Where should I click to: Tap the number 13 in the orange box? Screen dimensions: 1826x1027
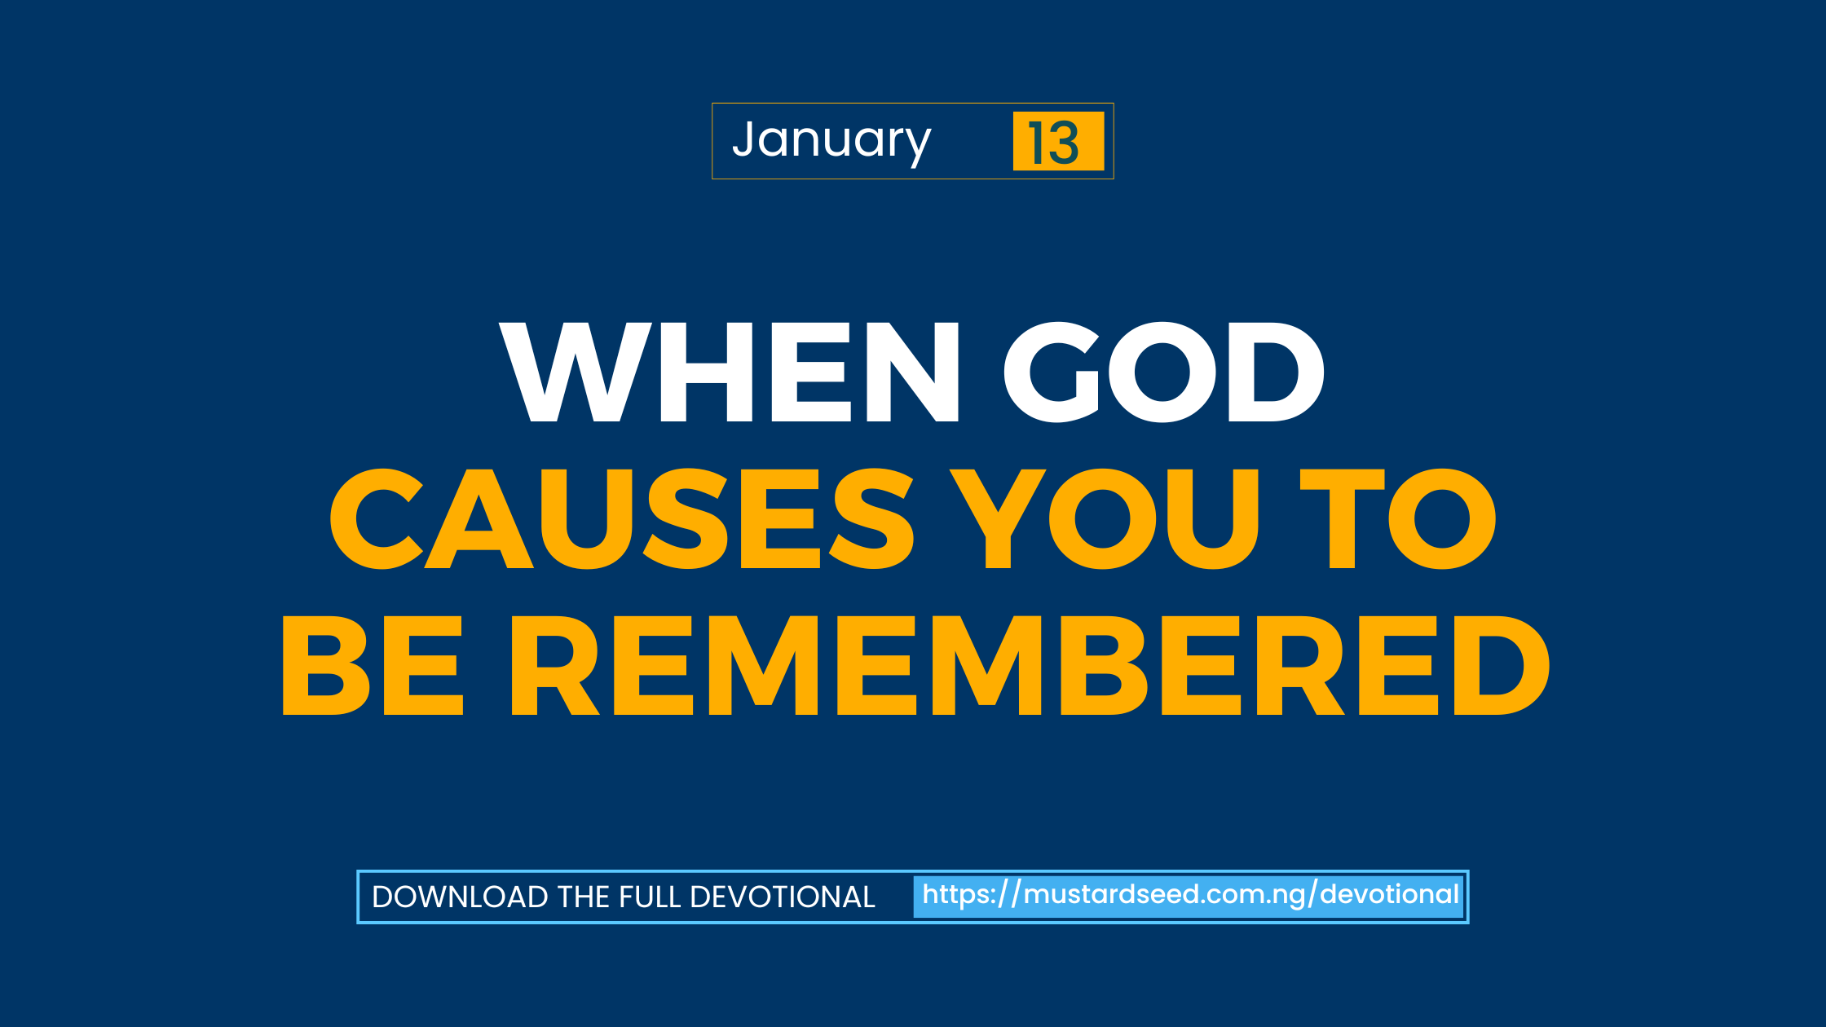pos(1054,143)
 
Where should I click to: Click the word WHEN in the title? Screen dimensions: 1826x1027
pos(730,372)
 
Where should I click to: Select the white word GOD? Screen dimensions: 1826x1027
pos(1163,372)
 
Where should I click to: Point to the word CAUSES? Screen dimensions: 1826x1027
pos(622,518)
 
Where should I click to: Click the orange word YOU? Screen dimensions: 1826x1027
pos(1105,518)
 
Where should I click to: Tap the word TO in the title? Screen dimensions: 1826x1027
pos(1398,518)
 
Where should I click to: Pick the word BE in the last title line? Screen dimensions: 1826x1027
pos(373,665)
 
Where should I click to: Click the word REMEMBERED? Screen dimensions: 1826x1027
pos(1030,665)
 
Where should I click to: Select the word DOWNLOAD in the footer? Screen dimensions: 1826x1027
pos(461,897)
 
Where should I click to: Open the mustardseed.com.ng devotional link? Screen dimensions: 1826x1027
pos(1190,896)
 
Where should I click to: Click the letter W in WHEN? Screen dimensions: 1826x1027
pos(576,372)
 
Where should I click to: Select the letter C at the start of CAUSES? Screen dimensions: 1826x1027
pos(376,518)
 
